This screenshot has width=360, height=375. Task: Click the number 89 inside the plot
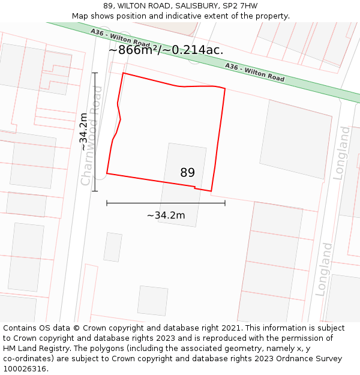(187, 173)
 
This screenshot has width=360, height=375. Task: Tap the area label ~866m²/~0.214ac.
(166, 50)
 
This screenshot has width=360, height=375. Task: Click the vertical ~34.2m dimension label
(85, 131)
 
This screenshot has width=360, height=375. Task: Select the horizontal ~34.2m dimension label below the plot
(166, 215)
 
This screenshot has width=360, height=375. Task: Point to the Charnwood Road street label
(92, 136)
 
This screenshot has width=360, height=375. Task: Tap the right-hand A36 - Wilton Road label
(254, 72)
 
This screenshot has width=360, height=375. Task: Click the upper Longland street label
(341, 152)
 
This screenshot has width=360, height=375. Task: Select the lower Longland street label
(325, 269)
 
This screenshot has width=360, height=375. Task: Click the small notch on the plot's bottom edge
(195, 187)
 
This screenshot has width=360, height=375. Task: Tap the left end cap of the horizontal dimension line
(107, 203)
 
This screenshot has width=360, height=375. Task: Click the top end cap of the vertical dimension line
(95, 73)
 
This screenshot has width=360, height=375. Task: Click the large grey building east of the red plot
(296, 139)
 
